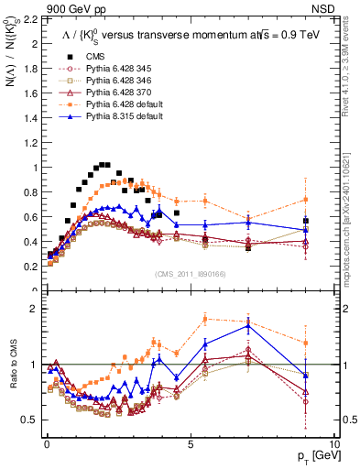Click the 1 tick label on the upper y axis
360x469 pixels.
34,168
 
